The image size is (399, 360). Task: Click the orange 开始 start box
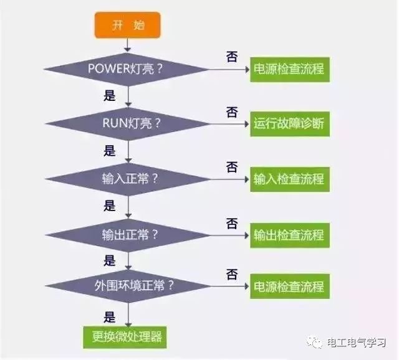pyautogui.click(x=127, y=25)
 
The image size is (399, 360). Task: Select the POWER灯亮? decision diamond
pyautogui.click(x=127, y=69)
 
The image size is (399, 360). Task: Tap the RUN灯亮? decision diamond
pyautogui.click(x=127, y=124)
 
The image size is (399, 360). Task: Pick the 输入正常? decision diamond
pyautogui.click(x=127, y=179)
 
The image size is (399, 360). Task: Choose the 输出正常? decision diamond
pyautogui.click(x=127, y=235)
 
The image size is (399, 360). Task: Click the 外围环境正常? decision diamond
pyautogui.click(x=127, y=286)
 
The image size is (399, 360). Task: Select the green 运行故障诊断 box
pyautogui.click(x=290, y=124)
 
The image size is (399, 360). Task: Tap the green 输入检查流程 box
pyautogui.click(x=290, y=179)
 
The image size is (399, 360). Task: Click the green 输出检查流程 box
pyautogui.click(x=290, y=235)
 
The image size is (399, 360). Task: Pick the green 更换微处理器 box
pyautogui.click(x=125, y=338)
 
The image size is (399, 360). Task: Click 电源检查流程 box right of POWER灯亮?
pyautogui.click(x=290, y=69)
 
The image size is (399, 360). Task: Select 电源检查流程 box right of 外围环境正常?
pyautogui.click(x=290, y=287)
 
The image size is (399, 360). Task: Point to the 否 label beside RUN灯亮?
pyautogui.click(x=232, y=112)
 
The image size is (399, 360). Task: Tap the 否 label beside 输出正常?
pyautogui.click(x=232, y=223)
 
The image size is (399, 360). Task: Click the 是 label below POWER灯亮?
pyautogui.click(x=110, y=95)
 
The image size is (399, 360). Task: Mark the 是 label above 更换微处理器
pyautogui.click(x=110, y=317)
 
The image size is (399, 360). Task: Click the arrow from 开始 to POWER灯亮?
pyautogui.click(x=127, y=45)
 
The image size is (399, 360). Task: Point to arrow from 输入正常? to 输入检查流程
pyautogui.click(x=229, y=179)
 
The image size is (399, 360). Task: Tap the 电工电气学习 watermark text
pyautogui.click(x=356, y=343)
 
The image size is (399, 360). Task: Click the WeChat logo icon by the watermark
pyautogui.click(x=315, y=342)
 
